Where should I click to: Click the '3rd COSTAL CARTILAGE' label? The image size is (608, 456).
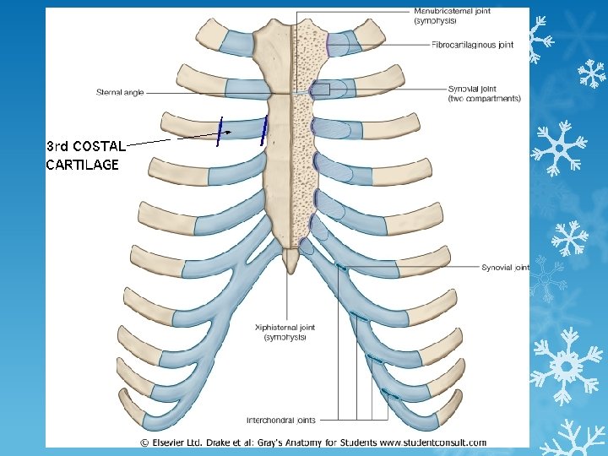(x=87, y=155)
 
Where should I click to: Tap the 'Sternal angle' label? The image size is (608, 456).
(x=120, y=92)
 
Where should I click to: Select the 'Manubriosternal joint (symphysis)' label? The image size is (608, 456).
(x=452, y=15)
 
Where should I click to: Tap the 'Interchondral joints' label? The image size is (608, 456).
(x=281, y=420)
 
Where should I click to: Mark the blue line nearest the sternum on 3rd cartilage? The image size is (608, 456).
(x=264, y=130)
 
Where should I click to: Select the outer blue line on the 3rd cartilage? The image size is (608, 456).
(x=219, y=130)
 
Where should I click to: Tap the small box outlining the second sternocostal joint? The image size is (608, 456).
(x=321, y=89)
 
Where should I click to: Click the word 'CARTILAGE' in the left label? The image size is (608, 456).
(x=82, y=166)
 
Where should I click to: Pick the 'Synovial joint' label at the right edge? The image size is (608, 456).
(x=504, y=267)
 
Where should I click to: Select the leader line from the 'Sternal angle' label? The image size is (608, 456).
(x=186, y=91)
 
